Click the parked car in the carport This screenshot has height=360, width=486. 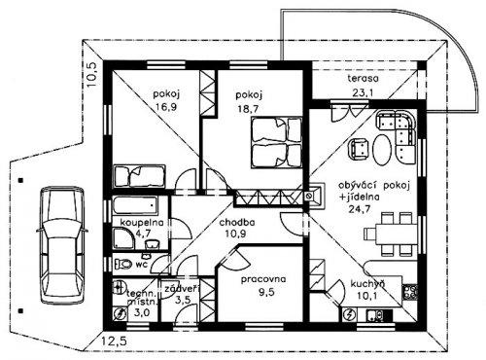coord(61,245)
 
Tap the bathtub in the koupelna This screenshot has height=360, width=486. coord(135,205)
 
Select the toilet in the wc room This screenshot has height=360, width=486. coord(123,264)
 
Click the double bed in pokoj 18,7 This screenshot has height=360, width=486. coord(276,143)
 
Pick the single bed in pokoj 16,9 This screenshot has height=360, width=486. coord(140,176)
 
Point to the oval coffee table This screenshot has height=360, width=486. coord(382,150)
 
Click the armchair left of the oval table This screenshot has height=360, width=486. coord(359,148)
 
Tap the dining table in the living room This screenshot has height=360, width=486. coord(397,234)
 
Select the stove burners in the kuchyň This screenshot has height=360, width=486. coord(409,292)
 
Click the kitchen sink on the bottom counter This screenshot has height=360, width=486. coord(375,314)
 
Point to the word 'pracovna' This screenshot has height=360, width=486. coord(263,279)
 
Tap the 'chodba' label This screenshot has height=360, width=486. coord(237,223)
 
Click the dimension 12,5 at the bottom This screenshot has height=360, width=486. coord(114,342)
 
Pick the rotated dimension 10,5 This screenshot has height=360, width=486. coord(91,74)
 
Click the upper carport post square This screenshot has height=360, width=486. coord(20,180)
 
